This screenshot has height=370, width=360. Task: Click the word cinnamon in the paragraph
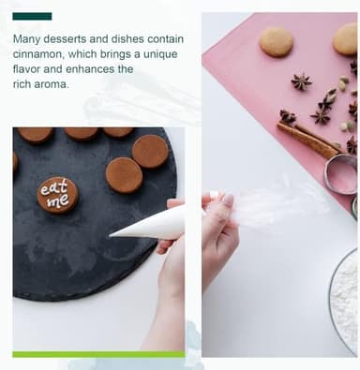(38, 54)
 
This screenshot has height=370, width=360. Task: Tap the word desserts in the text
(65, 39)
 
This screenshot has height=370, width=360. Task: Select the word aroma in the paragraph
(51, 84)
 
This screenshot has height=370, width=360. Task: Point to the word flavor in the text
(26, 69)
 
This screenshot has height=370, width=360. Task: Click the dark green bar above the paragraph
(32, 16)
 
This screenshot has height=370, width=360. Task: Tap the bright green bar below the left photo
(98, 354)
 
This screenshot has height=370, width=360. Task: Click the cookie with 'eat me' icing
(58, 195)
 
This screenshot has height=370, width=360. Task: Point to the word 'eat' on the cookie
(53, 187)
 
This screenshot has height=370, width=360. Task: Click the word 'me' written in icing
(58, 200)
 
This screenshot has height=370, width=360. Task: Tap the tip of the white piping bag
(110, 235)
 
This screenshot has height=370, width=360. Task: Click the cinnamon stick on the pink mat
(307, 140)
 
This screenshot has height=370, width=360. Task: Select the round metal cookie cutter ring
(341, 175)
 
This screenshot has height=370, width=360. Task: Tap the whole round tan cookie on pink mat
(277, 42)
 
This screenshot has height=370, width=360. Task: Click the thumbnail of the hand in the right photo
(228, 200)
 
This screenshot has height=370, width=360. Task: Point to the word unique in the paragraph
(160, 54)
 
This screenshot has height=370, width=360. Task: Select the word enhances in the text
(90, 69)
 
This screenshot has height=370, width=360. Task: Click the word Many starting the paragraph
(26, 40)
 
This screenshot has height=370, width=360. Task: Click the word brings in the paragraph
(116, 54)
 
